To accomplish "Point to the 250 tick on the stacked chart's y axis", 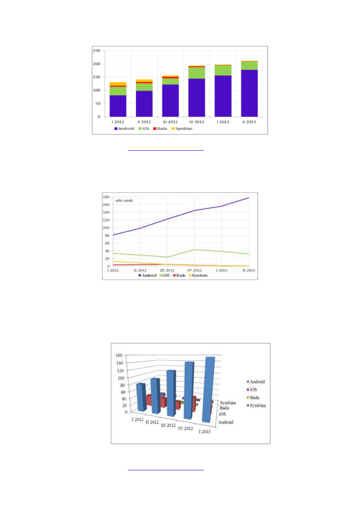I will click(x=96, y=51).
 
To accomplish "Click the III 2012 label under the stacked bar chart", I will click(x=170, y=122).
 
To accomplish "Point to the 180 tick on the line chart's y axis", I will click(x=106, y=197).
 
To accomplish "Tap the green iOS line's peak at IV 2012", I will click(x=194, y=250).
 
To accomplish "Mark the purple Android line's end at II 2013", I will click(x=249, y=198).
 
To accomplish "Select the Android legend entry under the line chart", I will click(x=147, y=275).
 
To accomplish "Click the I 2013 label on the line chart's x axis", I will click(x=222, y=270).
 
